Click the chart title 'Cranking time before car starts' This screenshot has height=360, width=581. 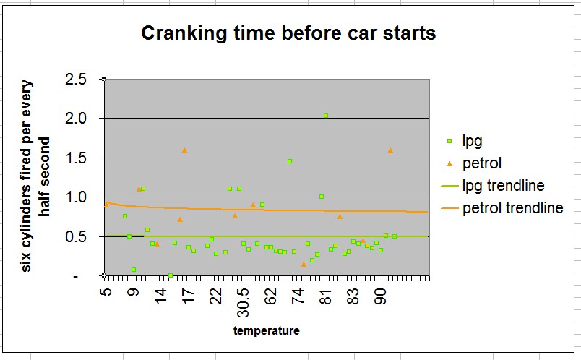pyautogui.click(x=288, y=33)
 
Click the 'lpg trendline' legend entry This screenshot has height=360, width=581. pyautogui.click(x=503, y=186)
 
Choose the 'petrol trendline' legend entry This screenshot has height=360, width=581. pyautogui.click(x=512, y=208)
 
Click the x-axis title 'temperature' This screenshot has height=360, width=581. pyautogui.click(x=266, y=331)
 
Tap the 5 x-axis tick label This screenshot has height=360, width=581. pyautogui.click(x=106, y=291)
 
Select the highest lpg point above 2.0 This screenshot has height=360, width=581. pyautogui.click(x=326, y=116)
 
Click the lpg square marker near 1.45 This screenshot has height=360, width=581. pyautogui.click(x=290, y=161)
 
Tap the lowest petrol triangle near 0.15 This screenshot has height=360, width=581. pyautogui.click(x=304, y=264)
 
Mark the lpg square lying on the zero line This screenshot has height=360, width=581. pyautogui.click(x=171, y=275)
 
